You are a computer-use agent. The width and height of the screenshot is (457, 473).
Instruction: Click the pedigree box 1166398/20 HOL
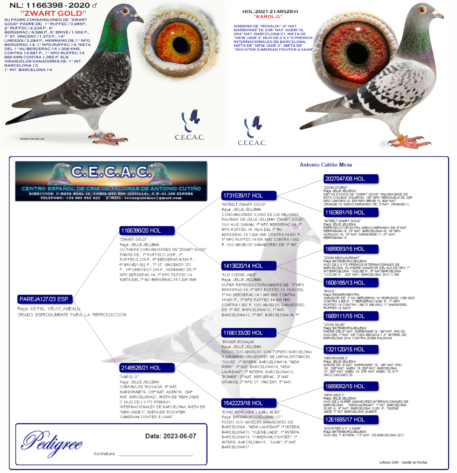(x=147, y=230)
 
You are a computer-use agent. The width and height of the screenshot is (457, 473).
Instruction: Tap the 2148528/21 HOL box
(x=147, y=368)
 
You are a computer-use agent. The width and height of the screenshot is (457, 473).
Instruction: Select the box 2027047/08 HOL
(x=351, y=179)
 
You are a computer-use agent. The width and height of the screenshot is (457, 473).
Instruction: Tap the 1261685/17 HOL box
(x=351, y=419)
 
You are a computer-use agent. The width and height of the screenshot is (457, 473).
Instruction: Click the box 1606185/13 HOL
(x=351, y=282)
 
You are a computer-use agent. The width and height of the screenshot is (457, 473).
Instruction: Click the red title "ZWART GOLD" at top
(x=54, y=13)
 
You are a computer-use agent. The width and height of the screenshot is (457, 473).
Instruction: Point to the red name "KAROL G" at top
(x=268, y=17)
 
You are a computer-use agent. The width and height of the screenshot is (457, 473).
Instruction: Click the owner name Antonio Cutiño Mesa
(x=326, y=165)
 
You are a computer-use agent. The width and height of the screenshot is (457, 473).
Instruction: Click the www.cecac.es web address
(x=32, y=139)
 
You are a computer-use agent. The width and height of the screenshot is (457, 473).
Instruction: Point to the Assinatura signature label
(x=104, y=454)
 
